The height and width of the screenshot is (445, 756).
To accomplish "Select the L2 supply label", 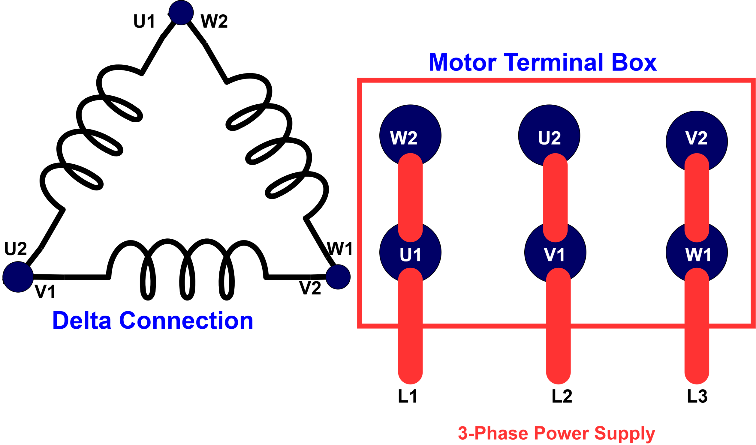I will [x=562, y=396].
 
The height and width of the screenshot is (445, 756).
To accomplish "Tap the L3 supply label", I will [x=697, y=396].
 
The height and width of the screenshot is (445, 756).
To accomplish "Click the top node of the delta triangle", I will [x=181, y=12].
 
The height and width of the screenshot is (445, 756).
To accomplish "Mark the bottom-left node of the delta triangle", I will [x=18, y=276].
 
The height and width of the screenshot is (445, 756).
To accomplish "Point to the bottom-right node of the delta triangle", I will [x=338, y=277].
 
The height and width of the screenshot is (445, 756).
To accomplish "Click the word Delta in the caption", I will [x=82, y=321].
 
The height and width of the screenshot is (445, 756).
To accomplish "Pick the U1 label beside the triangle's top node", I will [x=144, y=21].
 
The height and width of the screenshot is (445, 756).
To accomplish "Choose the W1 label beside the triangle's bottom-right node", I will [x=340, y=249].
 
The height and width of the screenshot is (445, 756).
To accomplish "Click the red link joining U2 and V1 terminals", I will [x=555, y=198].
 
